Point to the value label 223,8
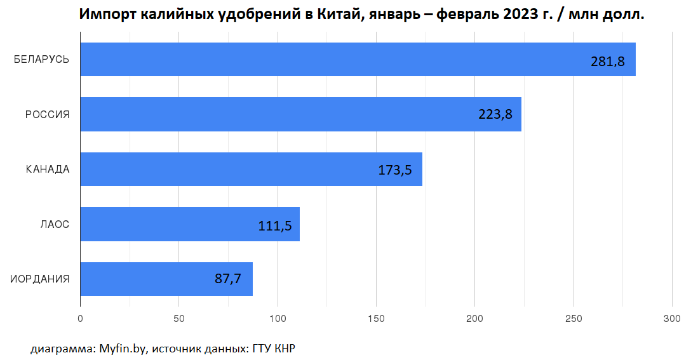(x=495, y=115)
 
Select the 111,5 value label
(x=275, y=225)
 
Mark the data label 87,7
(x=228, y=279)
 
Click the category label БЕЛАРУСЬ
(x=41, y=60)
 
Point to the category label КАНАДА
(x=48, y=170)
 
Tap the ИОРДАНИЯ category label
(x=40, y=279)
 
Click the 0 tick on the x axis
(x=80, y=318)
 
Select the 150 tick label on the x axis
(x=376, y=318)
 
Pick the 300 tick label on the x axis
(x=672, y=318)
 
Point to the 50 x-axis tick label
(x=178, y=318)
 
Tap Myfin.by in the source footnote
(x=123, y=349)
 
